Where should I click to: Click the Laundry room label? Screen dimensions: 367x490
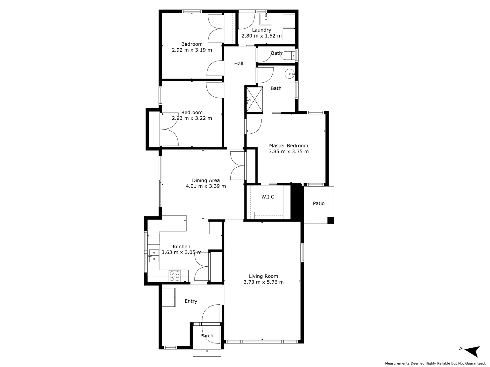261,30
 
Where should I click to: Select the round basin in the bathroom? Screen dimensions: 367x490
289,74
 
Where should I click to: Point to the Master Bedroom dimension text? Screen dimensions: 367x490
288,151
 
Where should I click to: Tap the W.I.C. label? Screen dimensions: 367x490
268,197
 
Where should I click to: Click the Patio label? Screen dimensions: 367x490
318,203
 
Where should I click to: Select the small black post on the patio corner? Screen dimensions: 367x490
330,220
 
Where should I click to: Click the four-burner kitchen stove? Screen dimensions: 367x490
175,276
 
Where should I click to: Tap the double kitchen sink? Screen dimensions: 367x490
154,256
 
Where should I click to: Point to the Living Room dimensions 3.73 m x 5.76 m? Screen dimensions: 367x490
263,282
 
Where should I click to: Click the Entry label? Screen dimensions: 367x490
191,301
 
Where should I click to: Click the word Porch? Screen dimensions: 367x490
207,335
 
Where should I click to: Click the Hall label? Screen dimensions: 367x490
239,64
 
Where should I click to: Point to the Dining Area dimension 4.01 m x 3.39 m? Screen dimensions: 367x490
206,186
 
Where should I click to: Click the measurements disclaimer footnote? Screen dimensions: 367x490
435,363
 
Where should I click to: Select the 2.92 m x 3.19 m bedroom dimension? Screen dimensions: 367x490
192,50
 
